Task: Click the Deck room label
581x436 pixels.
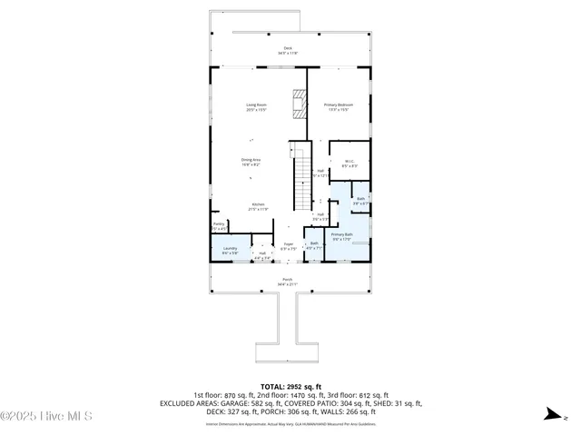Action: click(288, 51)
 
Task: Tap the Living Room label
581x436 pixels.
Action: click(256, 107)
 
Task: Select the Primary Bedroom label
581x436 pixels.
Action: click(339, 107)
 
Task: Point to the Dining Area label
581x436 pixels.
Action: click(251, 162)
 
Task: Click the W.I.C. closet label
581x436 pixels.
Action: click(349, 163)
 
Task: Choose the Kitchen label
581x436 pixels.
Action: click(258, 206)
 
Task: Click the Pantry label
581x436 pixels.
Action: click(219, 225)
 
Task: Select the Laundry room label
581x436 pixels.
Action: click(231, 251)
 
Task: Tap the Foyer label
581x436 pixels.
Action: click(288, 245)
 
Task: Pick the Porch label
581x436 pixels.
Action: click(288, 282)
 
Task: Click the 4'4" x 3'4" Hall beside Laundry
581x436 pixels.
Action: click(262, 256)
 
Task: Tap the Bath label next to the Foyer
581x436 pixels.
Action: click(314, 244)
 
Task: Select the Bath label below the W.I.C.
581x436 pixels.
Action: click(360, 201)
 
